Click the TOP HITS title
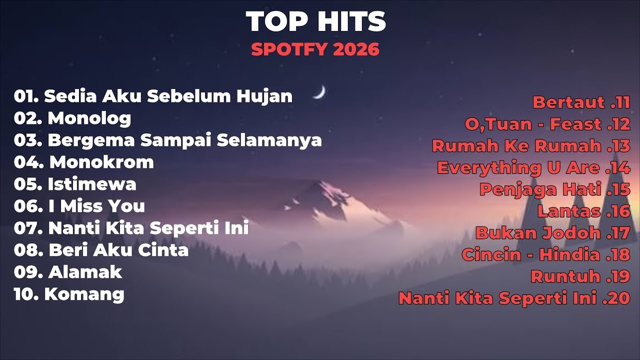pyautogui.click(x=316, y=21)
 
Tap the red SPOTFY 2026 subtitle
pyautogui.click(x=315, y=49)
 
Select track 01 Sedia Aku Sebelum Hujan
pyautogui.click(x=153, y=96)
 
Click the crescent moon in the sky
pyautogui.click(x=319, y=92)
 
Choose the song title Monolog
pyautogui.click(x=89, y=118)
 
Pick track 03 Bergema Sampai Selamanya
pyautogui.click(x=167, y=140)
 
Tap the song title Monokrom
pyautogui.click(x=101, y=162)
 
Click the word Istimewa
pyautogui.click(x=92, y=184)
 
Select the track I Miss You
pyautogui.click(x=96, y=206)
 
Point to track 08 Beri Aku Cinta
pyautogui.click(x=101, y=250)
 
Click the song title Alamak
pyautogui.click(x=85, y=272)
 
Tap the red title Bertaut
pyautogui.click(x=568, y=102)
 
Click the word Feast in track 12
pyautogui.click(x=575, y=124)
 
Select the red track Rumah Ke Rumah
pyautogui.click(x=517, y=146)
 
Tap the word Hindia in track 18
pyautogui.click(x=570, y=254)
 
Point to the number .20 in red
pyautogui.click(x=616, y=298)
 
